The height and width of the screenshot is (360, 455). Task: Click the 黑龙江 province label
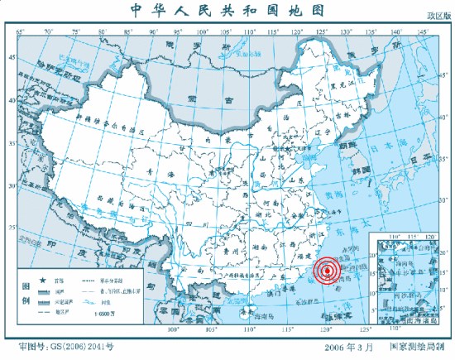[342, 84]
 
